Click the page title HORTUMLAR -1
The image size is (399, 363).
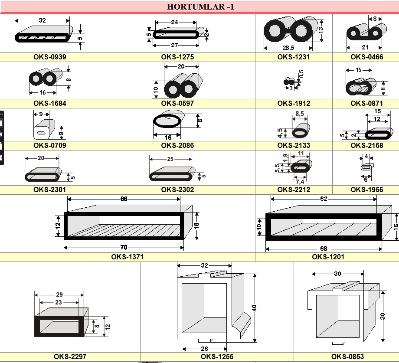(x=200, y=7)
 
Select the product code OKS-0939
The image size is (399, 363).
(x=50, y=57)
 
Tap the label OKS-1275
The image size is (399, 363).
(x=177, y=57)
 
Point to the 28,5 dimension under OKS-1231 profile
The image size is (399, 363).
(x=288, y=48)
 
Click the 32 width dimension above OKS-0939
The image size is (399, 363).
(x=43, y=20)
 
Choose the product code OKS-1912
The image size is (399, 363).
(x=294, y=104)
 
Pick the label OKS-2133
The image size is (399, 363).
(x=294, y=146)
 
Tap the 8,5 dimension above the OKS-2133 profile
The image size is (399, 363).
(x=299, y=114)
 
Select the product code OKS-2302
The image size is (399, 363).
(x=177, y=190)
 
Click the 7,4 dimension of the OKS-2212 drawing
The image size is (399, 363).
(x=300, y=181)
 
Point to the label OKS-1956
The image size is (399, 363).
(x=367, y=190)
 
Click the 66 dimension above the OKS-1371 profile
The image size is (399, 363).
(x=124, y=199)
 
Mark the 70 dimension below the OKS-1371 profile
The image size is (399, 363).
(x=124, y=248)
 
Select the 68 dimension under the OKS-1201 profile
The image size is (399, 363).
(x=324, y=249)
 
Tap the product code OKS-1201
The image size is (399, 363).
(x=328, y=257)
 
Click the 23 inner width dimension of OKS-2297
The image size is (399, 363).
(x=59, y=302)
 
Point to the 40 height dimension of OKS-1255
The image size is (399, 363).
(x=255, y=308)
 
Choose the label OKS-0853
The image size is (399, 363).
(x=347, y=357)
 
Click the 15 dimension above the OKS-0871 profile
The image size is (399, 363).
(x=358, y=70)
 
